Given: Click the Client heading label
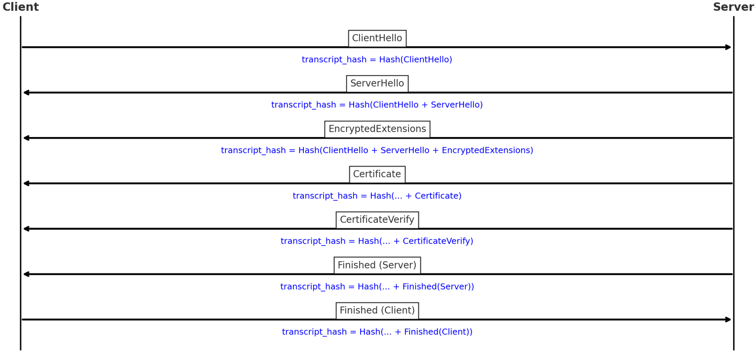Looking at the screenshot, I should click(x=21, y=7).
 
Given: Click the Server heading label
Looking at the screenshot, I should click(x=733, y=7).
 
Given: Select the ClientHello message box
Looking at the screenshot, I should click(x=377, y=38).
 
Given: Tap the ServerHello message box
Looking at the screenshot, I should click(x=377, y=84).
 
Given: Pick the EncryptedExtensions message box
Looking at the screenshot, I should click(x=377, y=129).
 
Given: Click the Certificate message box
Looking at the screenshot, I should click(x=377, y=174).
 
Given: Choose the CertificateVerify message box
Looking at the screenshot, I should click(x=377, y=220).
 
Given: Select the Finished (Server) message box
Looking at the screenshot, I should click(x=377, y=265).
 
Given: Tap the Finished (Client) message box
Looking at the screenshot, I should click(x=377, y=311).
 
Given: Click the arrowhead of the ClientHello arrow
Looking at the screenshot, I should click(x=728, y=47).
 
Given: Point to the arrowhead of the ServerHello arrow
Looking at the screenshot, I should click(x=26, y=92).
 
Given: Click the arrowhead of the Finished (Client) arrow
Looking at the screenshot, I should click(x=728, y=320).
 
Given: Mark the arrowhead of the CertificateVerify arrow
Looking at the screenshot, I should click(x=26, y=229).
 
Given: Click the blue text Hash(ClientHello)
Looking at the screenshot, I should click(x=377, y=60).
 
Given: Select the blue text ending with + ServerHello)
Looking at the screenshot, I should click(x=377, y=105).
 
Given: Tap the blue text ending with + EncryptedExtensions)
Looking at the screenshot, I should click(x=377, y=151).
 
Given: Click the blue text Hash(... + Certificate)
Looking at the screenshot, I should click(x=377, y=196).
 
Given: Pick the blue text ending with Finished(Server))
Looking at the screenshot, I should click(x=377, y=287).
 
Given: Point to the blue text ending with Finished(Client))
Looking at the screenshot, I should click(x=377, y=332).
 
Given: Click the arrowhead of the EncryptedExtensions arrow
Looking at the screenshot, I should click(x=26, y=138).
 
